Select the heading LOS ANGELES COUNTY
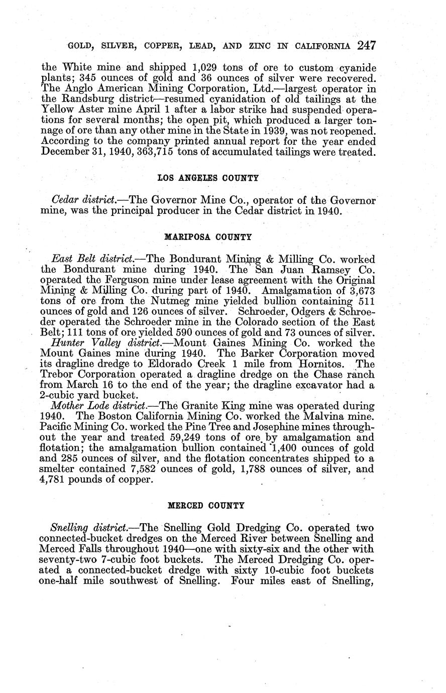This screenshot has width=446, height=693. (208, 178)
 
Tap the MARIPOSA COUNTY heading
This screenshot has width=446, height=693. (208, 237)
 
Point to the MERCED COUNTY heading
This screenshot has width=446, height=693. (206, 505)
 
